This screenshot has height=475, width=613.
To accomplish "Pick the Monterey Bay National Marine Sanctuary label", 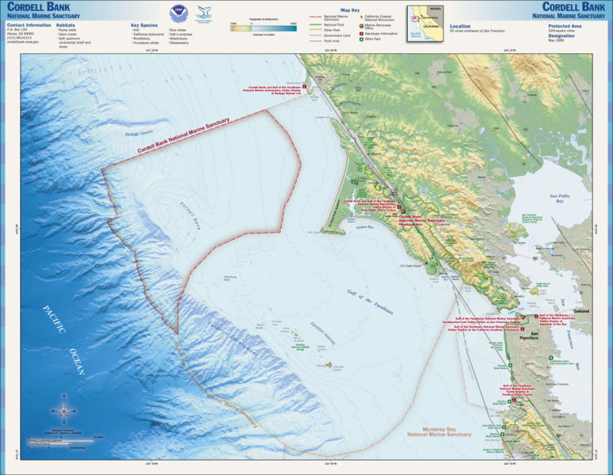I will pyautogui.click(x=440, y=433).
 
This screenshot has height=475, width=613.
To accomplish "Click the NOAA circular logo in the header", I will pyautogui.click(x=176, y=13).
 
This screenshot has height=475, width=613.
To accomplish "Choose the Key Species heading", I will pyautogui.click(x=145, y=25).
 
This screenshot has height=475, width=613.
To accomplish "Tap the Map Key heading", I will pyautogui.click(x=349, y=11).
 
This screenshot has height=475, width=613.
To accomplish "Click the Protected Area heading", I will pyautogui.click(x=565, y=25).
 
